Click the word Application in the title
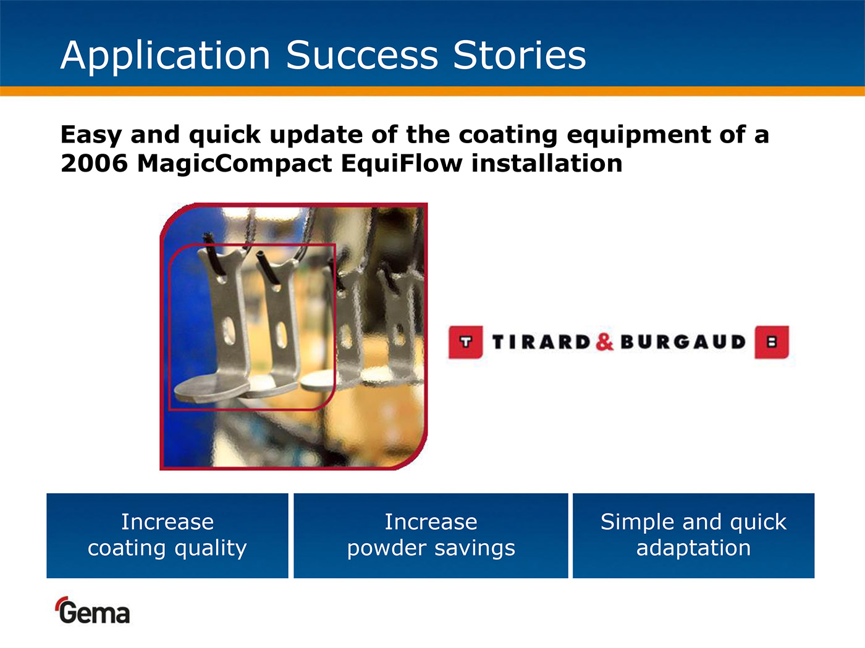click(x=166, y=56)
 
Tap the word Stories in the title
click(x=520, y=55)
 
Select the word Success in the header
click(x=362, y=55)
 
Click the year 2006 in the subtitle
click(x=95, y=163)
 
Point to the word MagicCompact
click(x=234, y=164)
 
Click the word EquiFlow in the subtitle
click(x=402, y=164)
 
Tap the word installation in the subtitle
click(x=547, y=163)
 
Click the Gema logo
click(x=93, y=610)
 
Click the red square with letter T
click(x=465, y=342)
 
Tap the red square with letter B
click(x=772, y=342)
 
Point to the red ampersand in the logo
click(x=604, y=339)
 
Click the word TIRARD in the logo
click(x=541, y=342)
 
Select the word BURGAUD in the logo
click(x=683, y=342)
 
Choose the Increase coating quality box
click(x=167, y=536)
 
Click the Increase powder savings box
click(x=431, y=536)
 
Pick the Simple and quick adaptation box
click(x=694, y=536)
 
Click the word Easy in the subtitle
click(x=91, y=135)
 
